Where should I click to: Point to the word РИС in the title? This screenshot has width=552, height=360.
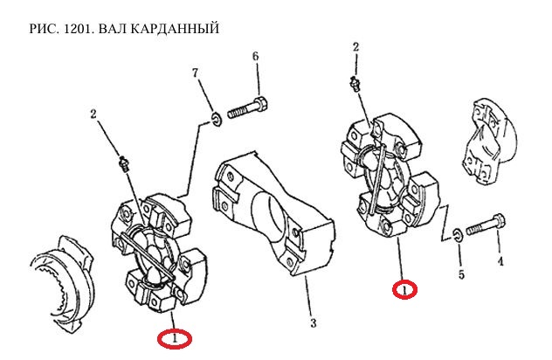[x=43, y=30]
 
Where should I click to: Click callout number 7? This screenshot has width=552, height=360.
[x=196, y=72]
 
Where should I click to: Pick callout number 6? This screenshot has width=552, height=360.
[x=256, y=58]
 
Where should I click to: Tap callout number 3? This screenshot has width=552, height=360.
[x=312, y=323]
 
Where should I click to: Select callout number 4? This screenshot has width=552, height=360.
[x=500, y=260]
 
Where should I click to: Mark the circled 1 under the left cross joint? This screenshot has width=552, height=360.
[x=175, y=336]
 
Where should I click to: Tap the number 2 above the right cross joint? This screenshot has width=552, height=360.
[x=356, y=46]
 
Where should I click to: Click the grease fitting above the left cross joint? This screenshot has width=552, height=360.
[x=122, y=163]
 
